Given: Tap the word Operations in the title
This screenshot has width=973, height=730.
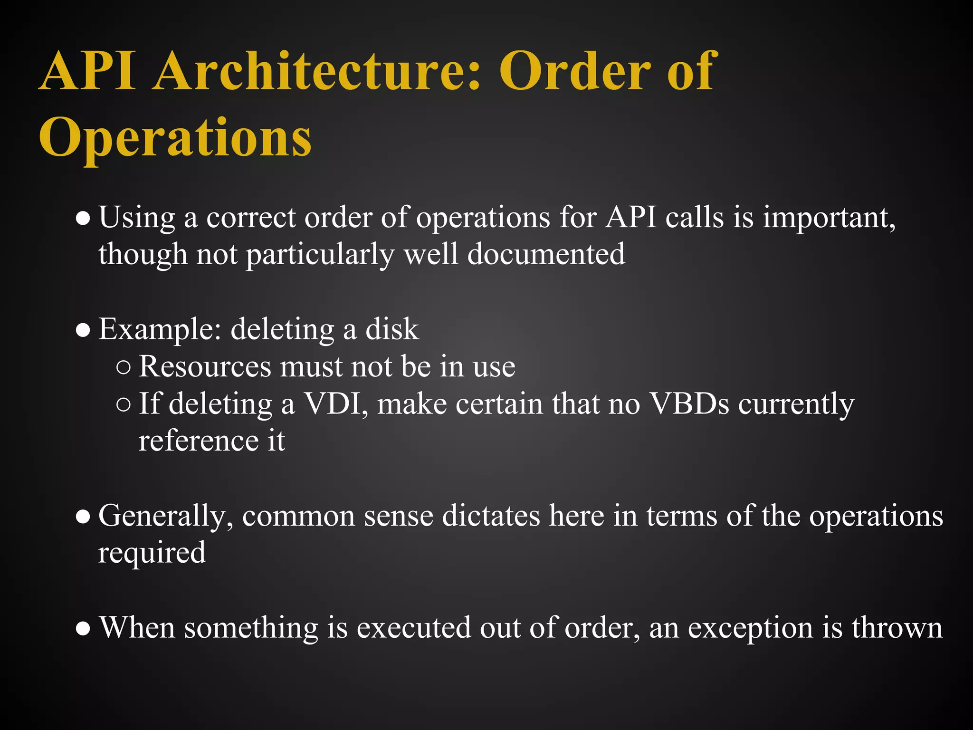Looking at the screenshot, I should tap(175, 138).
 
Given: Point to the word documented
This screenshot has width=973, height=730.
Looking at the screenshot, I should tap(546, 254).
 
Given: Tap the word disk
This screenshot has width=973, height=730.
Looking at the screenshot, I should tap(392, 328).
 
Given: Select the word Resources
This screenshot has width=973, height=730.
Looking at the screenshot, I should tap(205, 366).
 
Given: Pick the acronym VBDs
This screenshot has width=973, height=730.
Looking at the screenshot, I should tap(689, 403).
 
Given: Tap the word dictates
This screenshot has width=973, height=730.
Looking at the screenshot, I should tap(491, 515).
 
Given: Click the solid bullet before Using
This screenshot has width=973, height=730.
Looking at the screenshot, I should tap(83, 219).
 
